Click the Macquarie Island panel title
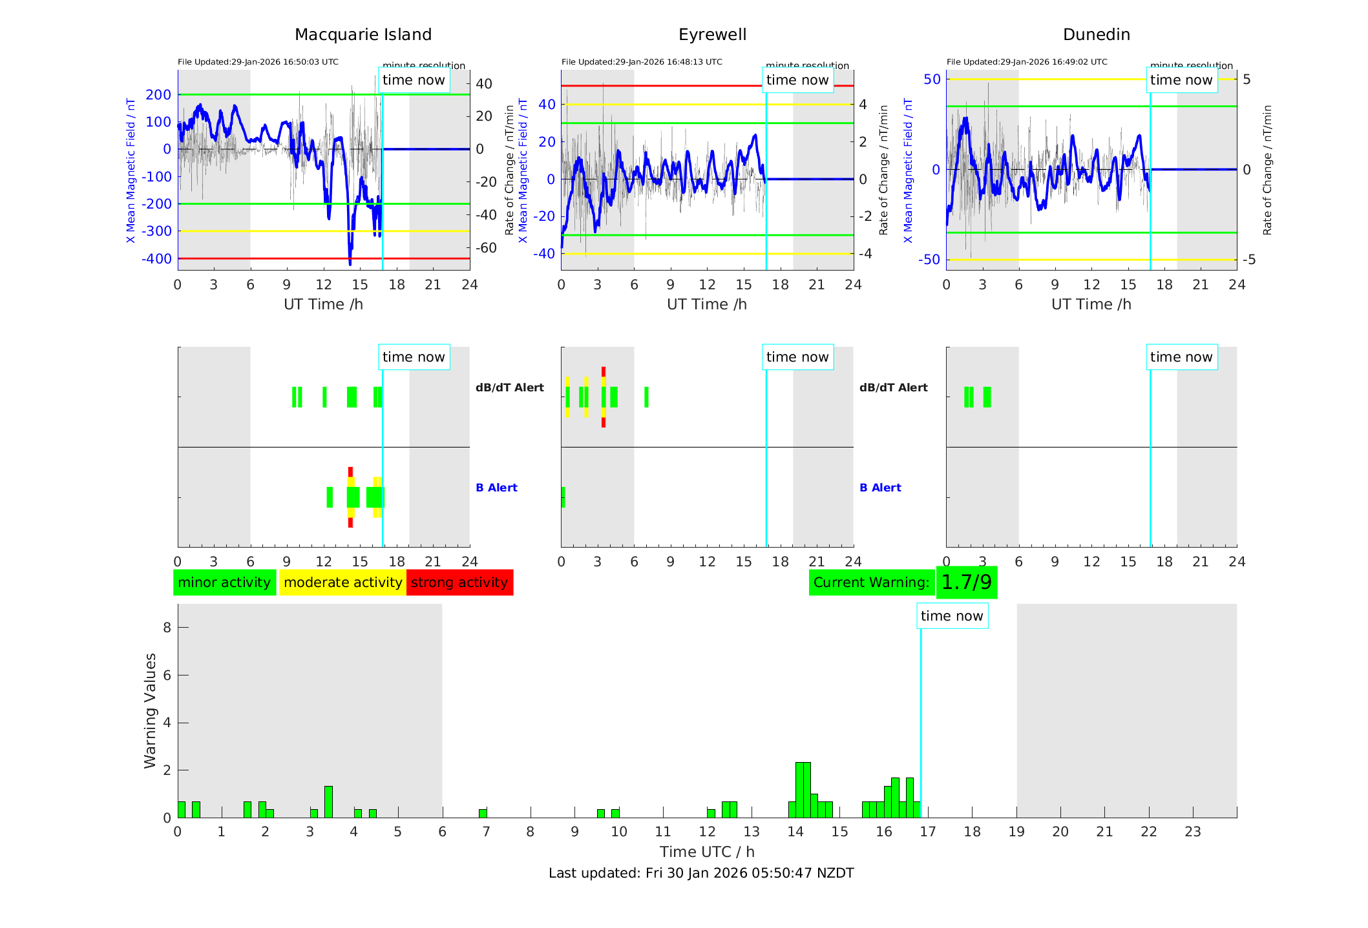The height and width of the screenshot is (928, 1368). coord(363,35)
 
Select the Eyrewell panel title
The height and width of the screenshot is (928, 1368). coord(712,35)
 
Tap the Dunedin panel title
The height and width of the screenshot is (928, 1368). coord(1096,35)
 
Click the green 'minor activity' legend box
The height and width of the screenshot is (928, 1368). coord(224,583)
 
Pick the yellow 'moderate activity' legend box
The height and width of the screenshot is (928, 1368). coord(342,583)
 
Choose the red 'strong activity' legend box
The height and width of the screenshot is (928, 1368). coord(459,583)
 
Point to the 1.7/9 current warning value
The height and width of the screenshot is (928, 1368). coord(966,583)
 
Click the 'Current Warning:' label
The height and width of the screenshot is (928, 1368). coord(871,583)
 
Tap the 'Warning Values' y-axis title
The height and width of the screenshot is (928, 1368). coord(151,710)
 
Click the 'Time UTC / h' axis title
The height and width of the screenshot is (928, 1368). coord(707,852)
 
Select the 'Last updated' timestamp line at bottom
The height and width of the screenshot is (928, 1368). coord(701,873)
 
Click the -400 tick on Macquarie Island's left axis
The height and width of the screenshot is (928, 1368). coord(157,259)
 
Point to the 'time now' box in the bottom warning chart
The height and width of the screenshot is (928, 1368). coord(952,616)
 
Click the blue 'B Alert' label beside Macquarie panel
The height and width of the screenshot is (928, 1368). coord(496,488)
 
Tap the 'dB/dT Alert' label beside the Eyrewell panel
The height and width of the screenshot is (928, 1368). coord(893,387)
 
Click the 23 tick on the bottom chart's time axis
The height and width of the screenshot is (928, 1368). coord(1192,832)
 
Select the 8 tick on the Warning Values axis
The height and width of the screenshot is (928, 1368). coord(167,627)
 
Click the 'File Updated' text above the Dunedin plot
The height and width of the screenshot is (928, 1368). coord(1027,62)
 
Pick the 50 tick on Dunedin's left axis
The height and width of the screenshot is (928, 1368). coord(932,79)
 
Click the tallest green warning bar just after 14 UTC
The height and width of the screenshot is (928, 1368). coord(803,790)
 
